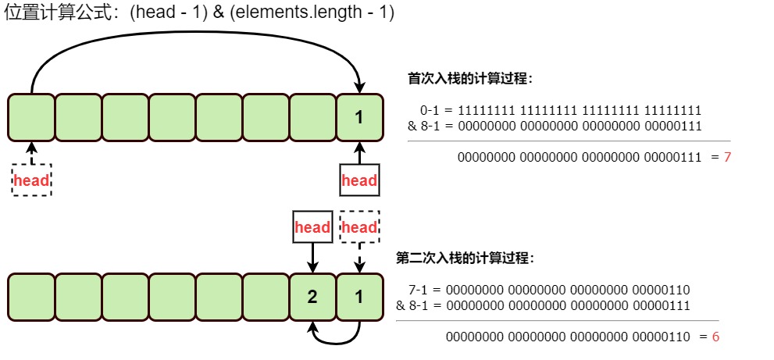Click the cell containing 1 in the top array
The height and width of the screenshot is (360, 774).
[x=360, y=118]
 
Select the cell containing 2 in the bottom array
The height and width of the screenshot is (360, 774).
[x=312, y=297]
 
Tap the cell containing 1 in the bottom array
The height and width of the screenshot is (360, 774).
[x=360, y=297]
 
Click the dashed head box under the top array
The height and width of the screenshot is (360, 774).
[x=31, y=180]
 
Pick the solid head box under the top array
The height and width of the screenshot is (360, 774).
[x=360, y=180]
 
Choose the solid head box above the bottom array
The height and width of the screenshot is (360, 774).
[x=312, y=227]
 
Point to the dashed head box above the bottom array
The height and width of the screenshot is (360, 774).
[x=360, y=227]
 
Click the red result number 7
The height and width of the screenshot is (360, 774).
[x=727, y=158]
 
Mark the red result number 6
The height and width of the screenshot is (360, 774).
[x=715, y=337]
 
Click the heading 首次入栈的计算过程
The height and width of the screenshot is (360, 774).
[x=470, y=78]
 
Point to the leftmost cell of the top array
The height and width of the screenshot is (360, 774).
[x=31, y=118]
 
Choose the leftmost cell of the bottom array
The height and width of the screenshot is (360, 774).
[x=31, y=297]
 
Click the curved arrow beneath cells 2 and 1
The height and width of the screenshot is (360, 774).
[x=337, y=340]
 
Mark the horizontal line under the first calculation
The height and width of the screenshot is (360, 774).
[x=569, y=141]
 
